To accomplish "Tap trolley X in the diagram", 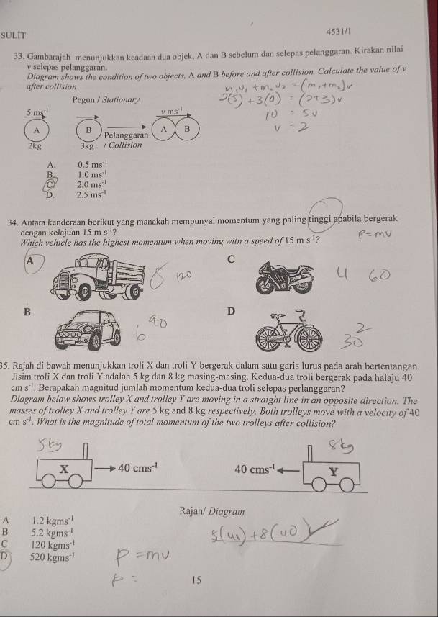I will [65, 473].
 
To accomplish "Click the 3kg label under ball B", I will [88, 145].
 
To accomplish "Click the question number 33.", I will [20, 57].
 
